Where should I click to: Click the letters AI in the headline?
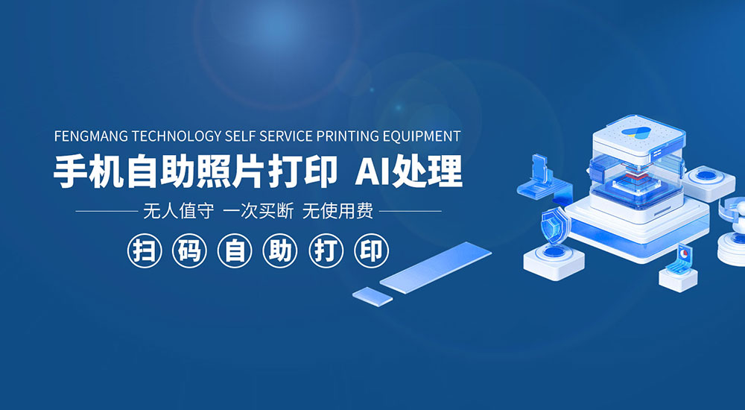click(372, 171)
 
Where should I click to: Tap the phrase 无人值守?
click(178, 211)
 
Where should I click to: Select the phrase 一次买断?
click(258, 211)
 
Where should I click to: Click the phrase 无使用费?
click(337, 211)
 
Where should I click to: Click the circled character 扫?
click(145, 250)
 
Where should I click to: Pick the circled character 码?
click(189, 250)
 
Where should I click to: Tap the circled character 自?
click(235, 250)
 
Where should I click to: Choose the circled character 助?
click(280, 250)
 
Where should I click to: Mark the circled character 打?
click(326, 250)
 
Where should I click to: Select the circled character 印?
click(371, 250)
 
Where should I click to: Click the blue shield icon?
click(554, 225)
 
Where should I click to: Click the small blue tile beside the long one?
click(372, 297)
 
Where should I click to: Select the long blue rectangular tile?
click(435, 268)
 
